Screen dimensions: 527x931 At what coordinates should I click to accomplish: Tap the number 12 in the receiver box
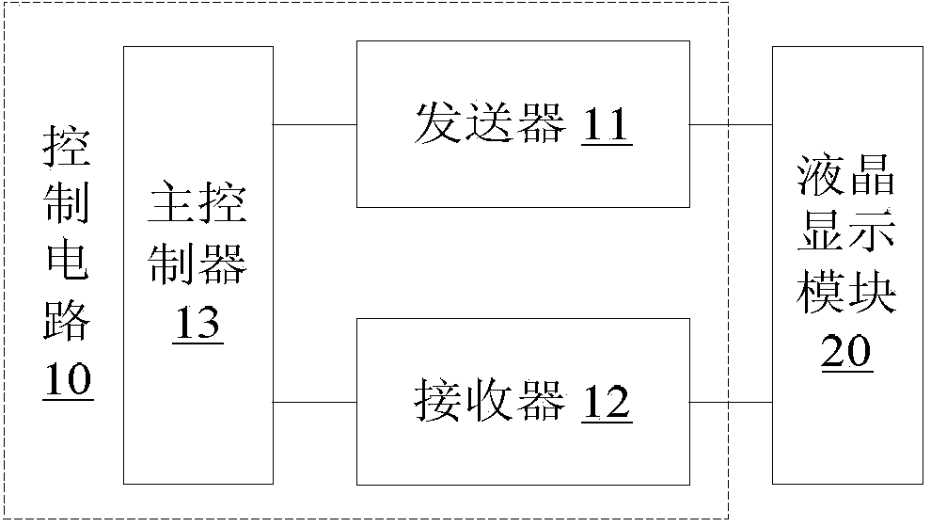607,402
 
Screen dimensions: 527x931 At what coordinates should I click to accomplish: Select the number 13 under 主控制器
197,323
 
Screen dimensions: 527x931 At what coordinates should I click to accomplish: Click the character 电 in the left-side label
68,264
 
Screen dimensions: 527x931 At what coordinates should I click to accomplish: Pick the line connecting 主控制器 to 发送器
315,124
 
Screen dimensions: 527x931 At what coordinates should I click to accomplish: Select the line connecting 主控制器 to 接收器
315,403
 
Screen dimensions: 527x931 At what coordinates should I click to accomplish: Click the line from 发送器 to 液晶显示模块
731,124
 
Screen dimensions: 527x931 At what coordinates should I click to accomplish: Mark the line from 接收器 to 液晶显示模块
731,403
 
